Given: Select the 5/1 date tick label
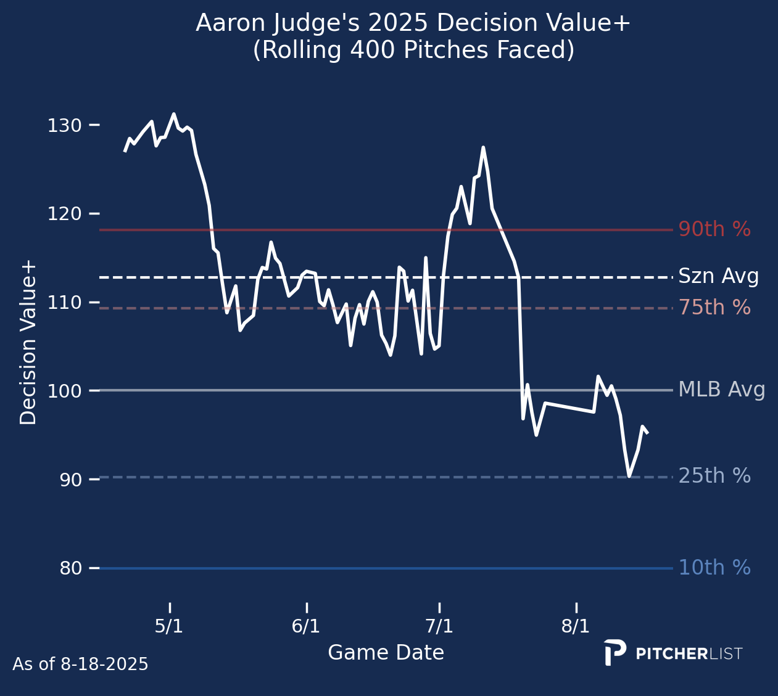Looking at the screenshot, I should point(169,627).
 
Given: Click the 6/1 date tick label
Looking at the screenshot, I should point(306,627).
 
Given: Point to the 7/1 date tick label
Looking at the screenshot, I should point(439,627).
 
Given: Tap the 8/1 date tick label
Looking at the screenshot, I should point(576,627).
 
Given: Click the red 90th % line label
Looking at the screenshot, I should point(714,230).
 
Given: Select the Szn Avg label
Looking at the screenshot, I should point(718,277).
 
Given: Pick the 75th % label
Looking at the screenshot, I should point(714,308).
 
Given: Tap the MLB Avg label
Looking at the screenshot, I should point(721,390).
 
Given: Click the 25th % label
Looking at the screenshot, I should point(714,476).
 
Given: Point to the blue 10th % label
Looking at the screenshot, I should point(714,568).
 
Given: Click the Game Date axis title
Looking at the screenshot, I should point(386,653).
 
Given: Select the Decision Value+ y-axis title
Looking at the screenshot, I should point(28,343).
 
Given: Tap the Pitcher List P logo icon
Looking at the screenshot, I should point(615,652).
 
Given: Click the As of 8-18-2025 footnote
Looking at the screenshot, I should point(80,665).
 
